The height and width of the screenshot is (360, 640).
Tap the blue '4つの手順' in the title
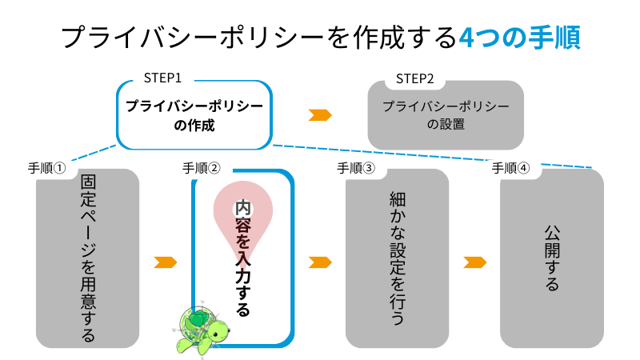(x=521, y=37)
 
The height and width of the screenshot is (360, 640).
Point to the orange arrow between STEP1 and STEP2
(x=320, y=114)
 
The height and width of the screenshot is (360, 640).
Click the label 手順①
(x=47, y=168)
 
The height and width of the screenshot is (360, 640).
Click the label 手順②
(x=202, y=168)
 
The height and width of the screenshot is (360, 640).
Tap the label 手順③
(x=356, y=168)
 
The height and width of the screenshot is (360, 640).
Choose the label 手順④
(x=510, y=168)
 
